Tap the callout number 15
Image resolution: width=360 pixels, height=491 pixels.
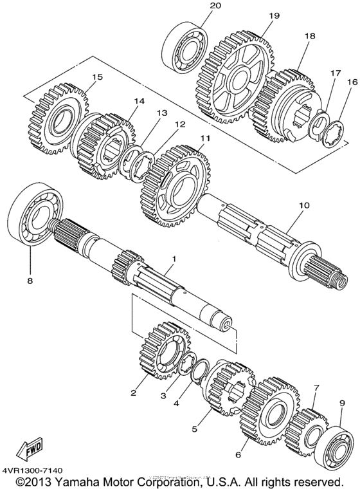point(96,77)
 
